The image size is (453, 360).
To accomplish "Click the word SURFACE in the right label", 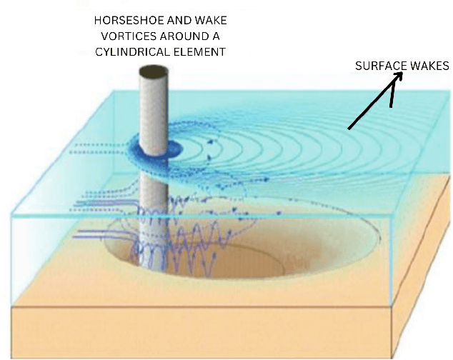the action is (x=379, y=66).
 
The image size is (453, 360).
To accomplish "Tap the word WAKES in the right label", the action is (x=428, y=66).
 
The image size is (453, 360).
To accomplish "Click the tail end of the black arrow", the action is (x=349, y=129).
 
